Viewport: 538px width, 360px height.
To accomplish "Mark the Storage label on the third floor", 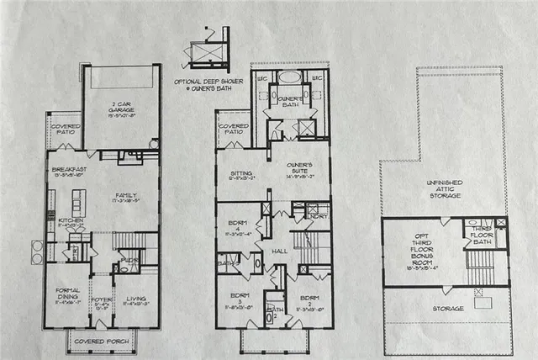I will (x=447, y=309).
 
